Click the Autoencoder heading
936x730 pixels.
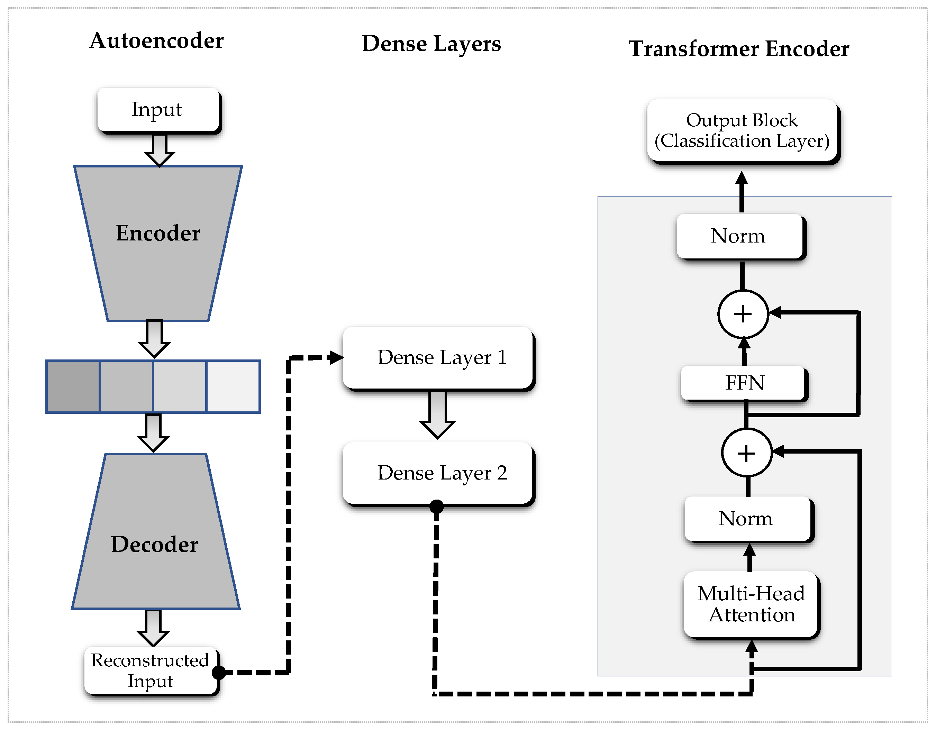156,41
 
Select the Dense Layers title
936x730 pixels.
431,44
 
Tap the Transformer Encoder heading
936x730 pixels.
738,49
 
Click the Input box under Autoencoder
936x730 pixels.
157,110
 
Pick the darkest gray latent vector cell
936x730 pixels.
73,386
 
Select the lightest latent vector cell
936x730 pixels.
233,386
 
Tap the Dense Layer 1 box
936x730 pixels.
438,358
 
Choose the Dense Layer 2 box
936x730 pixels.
438,473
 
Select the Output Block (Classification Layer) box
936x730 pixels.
742,131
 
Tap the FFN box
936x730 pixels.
744,383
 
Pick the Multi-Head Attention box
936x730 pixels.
751,604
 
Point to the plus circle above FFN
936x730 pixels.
743,314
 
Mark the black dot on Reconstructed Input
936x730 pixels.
219,673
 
